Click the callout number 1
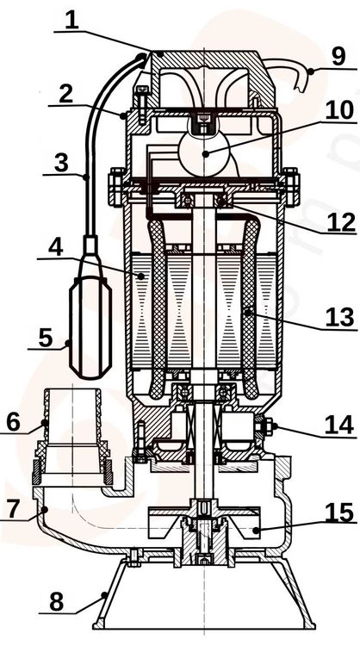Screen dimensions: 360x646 pos(71,20)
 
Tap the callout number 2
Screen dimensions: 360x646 pos(66,95)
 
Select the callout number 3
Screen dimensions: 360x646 pos(61,164)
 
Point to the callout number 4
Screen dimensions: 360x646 pos(56,247)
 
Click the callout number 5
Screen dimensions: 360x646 pos(46,338)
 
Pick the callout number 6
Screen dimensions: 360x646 pos(13,421)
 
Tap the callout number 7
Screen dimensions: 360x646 pos(13,509)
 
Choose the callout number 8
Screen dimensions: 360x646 pos(57,602)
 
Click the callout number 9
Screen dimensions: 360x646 pos(338,57)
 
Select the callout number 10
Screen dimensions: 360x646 pos(339,110)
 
